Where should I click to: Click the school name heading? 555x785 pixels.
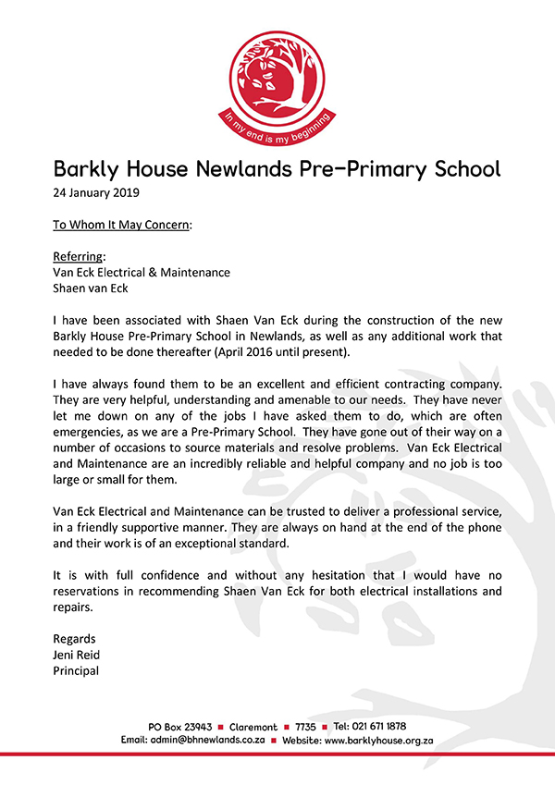277,169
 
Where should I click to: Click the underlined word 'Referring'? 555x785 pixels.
79,256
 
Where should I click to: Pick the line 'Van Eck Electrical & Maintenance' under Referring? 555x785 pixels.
142,272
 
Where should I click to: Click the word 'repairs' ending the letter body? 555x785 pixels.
73,607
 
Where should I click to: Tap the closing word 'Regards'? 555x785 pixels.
75,639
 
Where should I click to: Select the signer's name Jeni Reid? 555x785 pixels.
77,655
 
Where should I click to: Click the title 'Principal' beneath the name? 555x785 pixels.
77,670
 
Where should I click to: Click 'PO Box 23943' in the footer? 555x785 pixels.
180,726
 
